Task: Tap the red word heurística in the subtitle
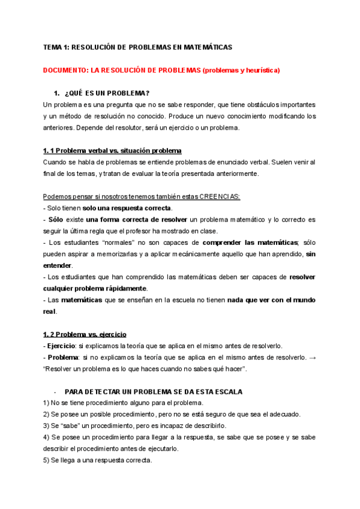(259, 70)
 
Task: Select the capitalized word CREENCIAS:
(219, 197)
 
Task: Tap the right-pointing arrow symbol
(311, 357)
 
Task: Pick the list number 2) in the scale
(47, 415)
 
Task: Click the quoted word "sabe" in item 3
(73, 426)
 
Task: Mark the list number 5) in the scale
(47, 460)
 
